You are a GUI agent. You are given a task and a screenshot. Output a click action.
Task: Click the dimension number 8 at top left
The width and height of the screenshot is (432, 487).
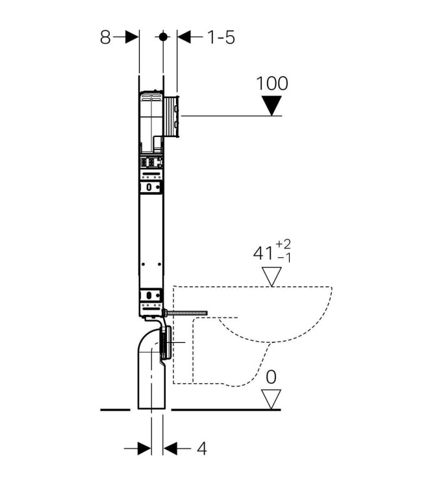[105, 37]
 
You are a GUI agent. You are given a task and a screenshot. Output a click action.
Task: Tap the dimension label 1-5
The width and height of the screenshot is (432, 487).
[221, 37]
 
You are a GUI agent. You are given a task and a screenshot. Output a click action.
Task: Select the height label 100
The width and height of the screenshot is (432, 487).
[272, 84]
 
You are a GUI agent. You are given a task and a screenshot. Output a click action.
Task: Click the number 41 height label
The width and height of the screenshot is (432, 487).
[263, 253]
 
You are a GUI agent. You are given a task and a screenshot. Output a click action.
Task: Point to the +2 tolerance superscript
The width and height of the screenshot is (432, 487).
[283, 244]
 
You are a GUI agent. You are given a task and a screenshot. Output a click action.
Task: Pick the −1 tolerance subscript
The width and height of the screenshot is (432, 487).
[284, 258]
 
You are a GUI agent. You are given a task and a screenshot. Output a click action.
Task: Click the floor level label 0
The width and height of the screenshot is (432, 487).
[271, 377]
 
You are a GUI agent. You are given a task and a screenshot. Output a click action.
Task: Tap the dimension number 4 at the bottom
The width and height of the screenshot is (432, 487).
[201, 449]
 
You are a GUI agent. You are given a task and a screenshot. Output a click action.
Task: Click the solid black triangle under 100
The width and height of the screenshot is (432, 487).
[272, 106]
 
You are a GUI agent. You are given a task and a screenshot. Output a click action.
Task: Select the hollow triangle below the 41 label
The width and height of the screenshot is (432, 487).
[272, 277]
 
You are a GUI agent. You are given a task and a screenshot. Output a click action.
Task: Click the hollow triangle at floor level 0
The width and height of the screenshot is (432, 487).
[271, 400]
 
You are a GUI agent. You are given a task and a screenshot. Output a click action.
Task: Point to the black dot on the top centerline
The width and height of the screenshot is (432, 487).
[163, 37]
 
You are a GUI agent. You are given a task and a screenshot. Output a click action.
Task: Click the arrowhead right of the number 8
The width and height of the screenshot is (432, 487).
[132, 37]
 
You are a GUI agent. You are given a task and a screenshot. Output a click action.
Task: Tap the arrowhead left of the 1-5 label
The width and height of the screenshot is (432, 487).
[184, 37]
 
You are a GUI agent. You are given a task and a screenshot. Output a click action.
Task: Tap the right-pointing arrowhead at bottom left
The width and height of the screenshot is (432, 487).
[144, 449]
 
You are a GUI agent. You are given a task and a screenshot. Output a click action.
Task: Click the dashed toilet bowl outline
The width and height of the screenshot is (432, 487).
[253, 336]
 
